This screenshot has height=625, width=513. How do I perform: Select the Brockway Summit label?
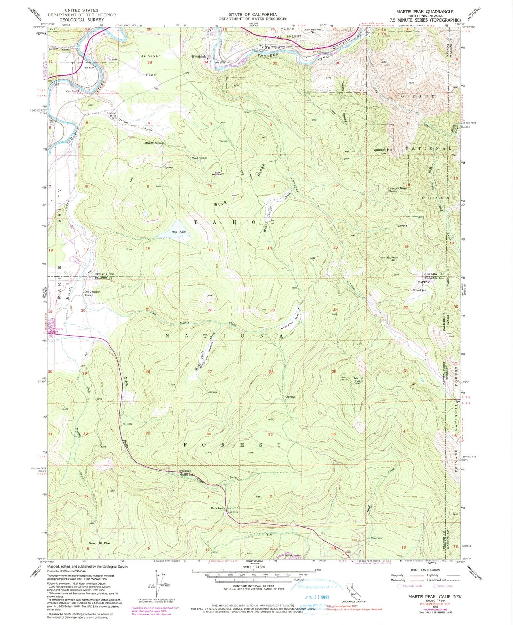[224, 508]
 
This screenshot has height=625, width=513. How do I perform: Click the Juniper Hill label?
[383, 150]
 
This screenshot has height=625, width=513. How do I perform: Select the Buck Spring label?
[199, 158]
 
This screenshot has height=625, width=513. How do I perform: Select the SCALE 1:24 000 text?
[253, 567]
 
